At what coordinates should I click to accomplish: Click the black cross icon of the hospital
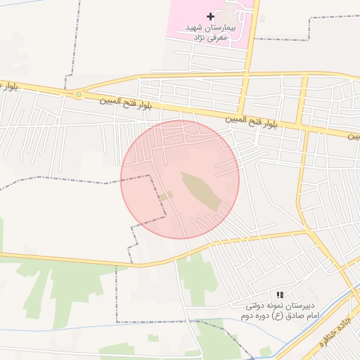(x=210, y=15)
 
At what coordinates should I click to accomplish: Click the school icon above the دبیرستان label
(x=280, y=295)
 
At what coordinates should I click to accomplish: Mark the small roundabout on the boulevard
(x=78, y=94)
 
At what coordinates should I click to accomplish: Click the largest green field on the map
(x=70, y=288)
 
